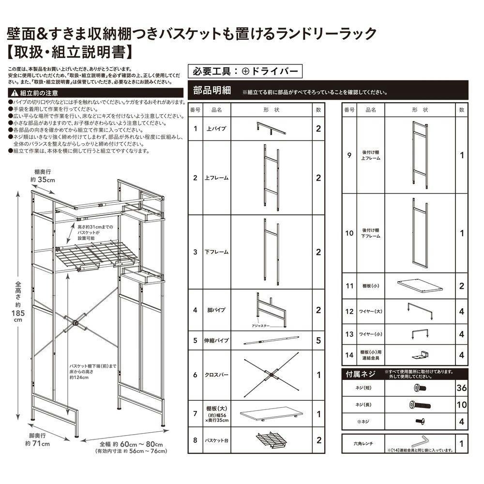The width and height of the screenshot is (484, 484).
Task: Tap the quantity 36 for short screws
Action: [461, 388]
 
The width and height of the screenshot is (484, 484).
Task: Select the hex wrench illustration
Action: [420, 441]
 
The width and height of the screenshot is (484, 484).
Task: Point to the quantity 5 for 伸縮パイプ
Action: [318, 341]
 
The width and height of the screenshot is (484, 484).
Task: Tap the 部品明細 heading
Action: [212, 91]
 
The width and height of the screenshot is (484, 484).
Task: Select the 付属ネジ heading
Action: [359, 374]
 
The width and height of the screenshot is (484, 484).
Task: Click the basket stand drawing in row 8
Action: [272, 440]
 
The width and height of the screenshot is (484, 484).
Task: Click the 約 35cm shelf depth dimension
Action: [45, 180]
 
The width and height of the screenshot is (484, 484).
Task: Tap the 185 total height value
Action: [17, 313]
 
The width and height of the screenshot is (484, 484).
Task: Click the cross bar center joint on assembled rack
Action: [76, 323]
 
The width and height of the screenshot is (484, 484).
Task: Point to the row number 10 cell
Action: [349, 233]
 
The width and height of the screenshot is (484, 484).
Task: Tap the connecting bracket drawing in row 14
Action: [419, 355]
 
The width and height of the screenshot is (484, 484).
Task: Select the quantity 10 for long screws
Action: [461, 405]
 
